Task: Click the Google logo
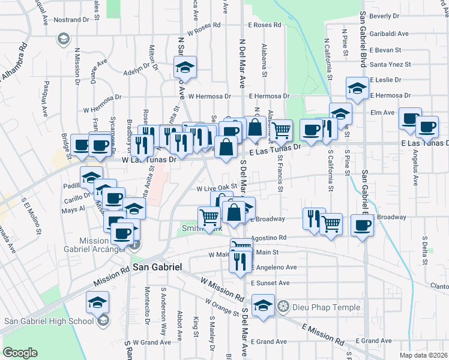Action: (x=20, y=352)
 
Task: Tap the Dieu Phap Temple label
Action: (x=326, y=308)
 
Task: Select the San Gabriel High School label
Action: (x=49, y=320)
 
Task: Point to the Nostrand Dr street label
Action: (x=71, y=20)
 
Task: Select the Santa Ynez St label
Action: (x=390, y=64)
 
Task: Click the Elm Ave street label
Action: (x=382, y=112)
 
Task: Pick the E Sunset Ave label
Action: (x=270, y=283)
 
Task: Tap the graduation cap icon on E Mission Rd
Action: (x=263, y=304)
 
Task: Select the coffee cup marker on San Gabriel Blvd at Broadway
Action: (x=362, y=226)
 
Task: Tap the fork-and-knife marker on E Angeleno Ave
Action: (x=240, y=260)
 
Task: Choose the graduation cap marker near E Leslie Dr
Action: (x=357, y=88)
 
